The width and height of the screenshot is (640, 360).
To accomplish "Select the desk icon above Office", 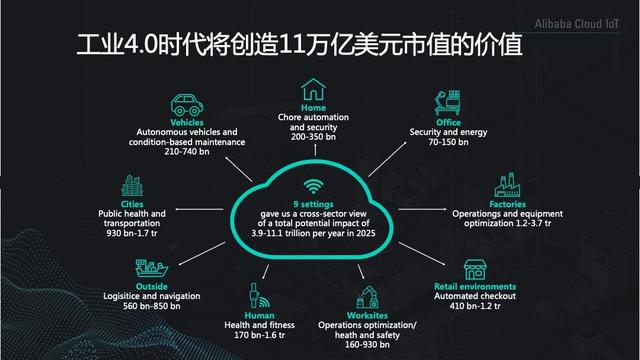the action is [440, 102].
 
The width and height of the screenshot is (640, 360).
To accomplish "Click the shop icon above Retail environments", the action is [475, 270].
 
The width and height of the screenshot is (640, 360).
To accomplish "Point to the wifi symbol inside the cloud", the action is [313, 186].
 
